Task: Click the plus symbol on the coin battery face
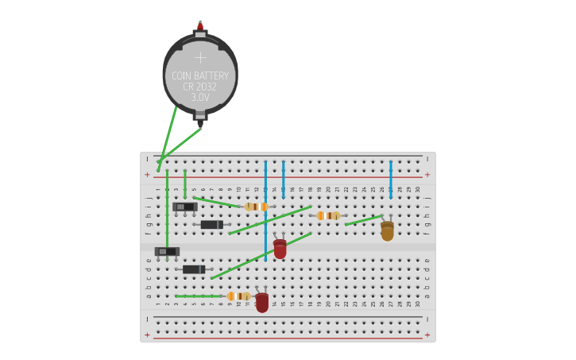(200, 58)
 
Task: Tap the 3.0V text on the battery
(200, 98)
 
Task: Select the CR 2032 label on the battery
(200, 87)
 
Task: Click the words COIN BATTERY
(200, 76)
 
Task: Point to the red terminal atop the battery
(200, 26)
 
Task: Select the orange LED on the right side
(387, 230)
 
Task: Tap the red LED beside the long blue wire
(280, 248)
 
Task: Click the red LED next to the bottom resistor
(261, 302)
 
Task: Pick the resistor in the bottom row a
(238, 296)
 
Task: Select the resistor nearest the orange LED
(328, 215)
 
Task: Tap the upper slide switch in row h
(184, 207)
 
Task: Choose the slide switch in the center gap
(167, 252)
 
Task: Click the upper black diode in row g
(211, 225)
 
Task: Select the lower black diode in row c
(193, 269)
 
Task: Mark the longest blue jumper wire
(265, 211)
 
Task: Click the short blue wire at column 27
(390, 179)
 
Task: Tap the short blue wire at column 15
(283, 179)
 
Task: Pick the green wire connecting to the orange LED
(363, 220)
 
